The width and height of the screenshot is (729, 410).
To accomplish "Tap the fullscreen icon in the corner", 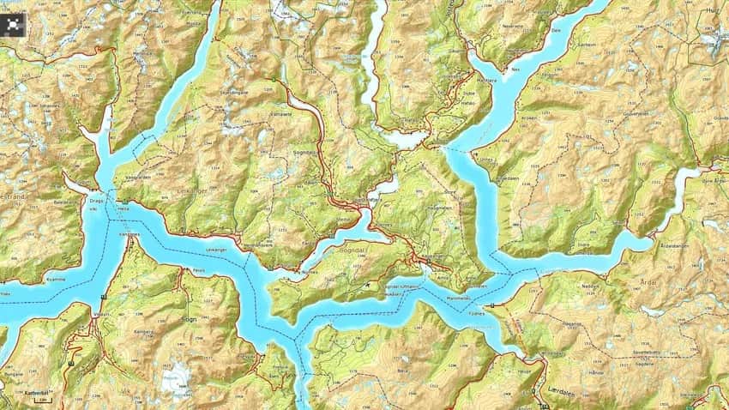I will tap(14, 25).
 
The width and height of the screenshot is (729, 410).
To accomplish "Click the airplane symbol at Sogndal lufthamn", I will tap(368, 283).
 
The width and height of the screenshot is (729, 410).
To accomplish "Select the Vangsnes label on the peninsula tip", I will tap(129, 232).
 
